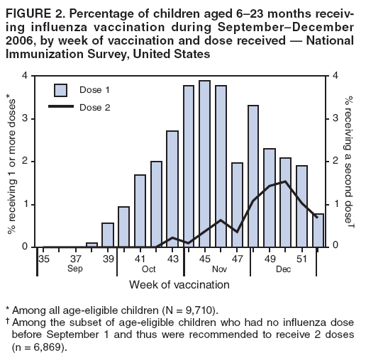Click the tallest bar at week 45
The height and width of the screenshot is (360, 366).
coord(204,164)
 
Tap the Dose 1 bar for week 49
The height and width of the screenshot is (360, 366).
coord(269,198)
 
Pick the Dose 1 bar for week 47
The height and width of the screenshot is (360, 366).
coord(237,205)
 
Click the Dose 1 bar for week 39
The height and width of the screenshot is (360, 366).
coord(107,235)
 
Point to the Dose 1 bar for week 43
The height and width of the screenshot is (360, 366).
coord(172,189)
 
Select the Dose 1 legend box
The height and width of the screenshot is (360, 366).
coord(61,90)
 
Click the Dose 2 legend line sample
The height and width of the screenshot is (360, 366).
coord(61,107)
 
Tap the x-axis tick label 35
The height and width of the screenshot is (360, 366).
coord(43,259)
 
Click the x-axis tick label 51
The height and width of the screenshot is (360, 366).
coord(302,259)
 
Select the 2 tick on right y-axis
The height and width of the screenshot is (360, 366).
coord(335,162)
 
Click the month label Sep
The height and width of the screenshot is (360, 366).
coord(75,269)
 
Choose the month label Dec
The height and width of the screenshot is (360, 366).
coord(284,269)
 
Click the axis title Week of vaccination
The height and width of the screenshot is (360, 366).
coord(179,285)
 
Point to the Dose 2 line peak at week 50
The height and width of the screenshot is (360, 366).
coord(285,181)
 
